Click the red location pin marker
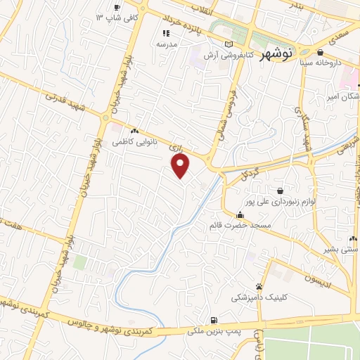(181, 166)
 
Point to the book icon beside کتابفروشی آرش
(228, 44)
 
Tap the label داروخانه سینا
(320, 63)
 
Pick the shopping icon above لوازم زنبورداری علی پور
(281, 191)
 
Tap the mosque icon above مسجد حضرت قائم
(240, 215)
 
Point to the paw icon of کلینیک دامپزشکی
(259, 286)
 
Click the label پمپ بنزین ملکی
(214, 329)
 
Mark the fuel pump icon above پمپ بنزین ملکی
(214, 319)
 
